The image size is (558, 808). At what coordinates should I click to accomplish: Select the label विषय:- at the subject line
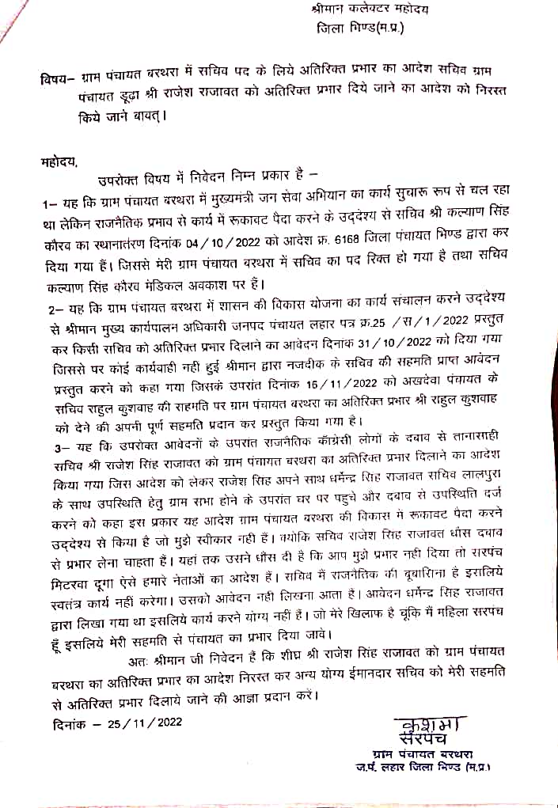(57, 79)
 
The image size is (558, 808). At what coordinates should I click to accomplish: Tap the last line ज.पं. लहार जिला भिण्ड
(423, 768)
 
